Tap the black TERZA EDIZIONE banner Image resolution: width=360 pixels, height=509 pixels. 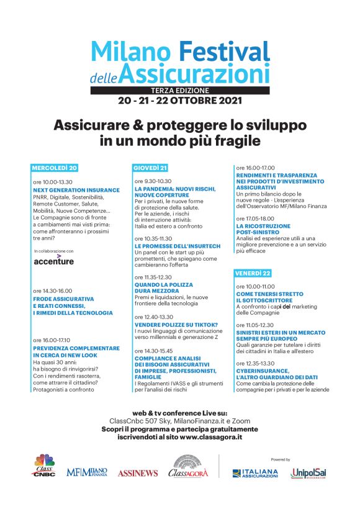(180, 90)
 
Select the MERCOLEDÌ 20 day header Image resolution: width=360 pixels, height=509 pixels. (55, 168)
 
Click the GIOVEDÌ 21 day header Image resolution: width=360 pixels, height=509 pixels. (151, 168)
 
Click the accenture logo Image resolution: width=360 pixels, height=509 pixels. (53, 261)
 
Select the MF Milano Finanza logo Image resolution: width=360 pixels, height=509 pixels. (87, 472)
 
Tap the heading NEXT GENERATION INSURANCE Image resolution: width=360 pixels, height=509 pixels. (77, 189)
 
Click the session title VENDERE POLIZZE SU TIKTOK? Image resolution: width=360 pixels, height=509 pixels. (176, 325)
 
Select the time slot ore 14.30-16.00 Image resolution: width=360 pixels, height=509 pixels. (53, 291)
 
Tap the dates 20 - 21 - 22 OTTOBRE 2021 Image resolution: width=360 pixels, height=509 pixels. (180, 100)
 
